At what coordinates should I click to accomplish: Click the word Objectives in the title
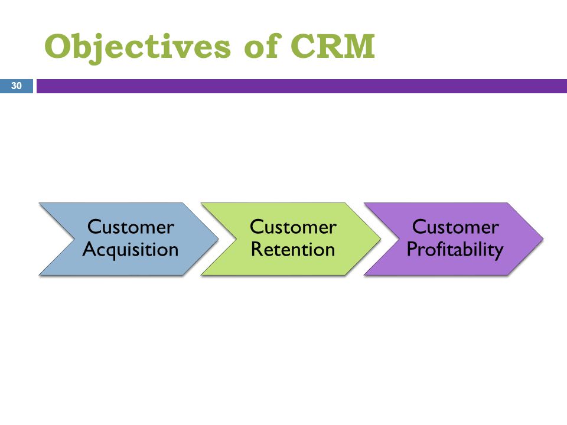tap(138, 48)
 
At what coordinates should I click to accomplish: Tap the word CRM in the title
tap(333, 45)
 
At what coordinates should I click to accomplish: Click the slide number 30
tap(17, 86)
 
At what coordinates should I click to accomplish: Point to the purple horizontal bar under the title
tap(302, 86)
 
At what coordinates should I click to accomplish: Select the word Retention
tap(293, 249)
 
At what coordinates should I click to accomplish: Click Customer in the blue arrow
tap(131, 227)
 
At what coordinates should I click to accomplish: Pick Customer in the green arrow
tap(293, 227)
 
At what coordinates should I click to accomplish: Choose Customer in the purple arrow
tap(455, 227)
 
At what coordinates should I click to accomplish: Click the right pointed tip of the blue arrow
tap(219, 239)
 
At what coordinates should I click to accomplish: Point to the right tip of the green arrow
tap(381, 239)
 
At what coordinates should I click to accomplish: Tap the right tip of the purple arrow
tap(543, 239)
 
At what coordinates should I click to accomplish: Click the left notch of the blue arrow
tap(75, 239)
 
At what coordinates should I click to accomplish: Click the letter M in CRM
tap(358, 46)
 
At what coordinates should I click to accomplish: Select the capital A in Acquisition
tap(89, 249)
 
